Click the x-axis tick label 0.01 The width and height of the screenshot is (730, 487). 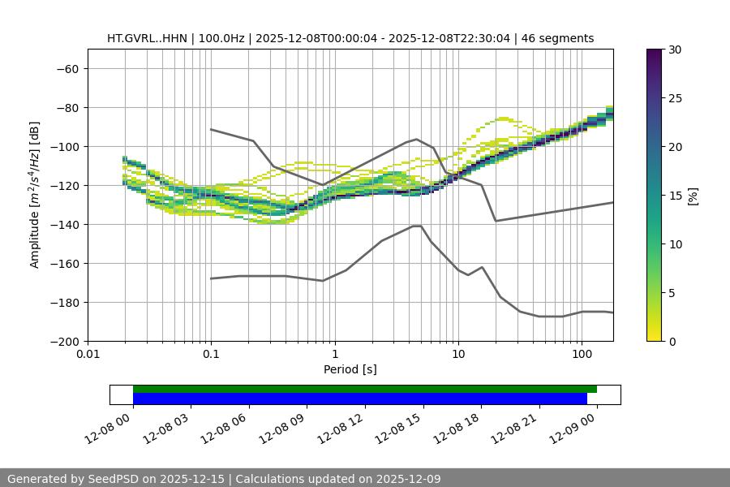[x=88, y=355]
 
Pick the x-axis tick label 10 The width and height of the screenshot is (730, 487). [x=458, y=355]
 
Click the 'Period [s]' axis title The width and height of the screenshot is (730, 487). [x=350, y=369]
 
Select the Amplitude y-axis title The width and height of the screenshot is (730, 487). [x=35, y=195]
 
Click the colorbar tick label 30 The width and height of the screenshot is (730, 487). [x=675, y=50]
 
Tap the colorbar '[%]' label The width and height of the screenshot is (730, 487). [x=693, y=196]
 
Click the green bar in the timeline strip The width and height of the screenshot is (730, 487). [x=365, y=389]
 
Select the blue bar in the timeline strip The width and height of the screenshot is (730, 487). [x=359, y=399]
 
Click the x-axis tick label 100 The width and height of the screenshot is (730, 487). [x=582, y=355]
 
